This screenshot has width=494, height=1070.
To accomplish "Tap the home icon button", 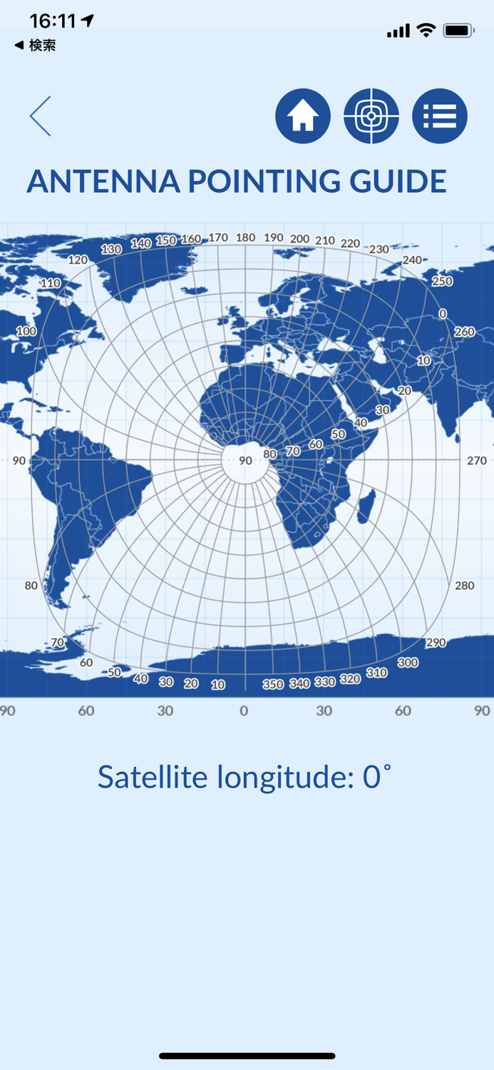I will pos(303,116).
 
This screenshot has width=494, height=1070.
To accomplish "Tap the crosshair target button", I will pos(371,116).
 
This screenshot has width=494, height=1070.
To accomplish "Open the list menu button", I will pos(440,116).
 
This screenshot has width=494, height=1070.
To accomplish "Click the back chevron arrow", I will pos(41,116).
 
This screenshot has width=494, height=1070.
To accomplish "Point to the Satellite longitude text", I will pos(245,776).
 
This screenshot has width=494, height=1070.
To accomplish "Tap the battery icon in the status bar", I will pos(458,31).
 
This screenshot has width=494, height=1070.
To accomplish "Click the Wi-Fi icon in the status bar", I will pos(426,30).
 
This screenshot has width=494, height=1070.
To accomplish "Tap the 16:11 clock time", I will pos(53,21).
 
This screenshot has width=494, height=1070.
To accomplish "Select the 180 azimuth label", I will pos(245,238).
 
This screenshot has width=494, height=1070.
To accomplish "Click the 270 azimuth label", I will pos(477,461).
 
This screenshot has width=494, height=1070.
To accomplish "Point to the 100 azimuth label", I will pos(26,331).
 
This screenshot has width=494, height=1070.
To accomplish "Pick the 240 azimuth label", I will pos(412,260).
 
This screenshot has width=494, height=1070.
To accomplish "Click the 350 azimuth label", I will pos(273,684).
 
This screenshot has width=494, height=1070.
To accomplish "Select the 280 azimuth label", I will pos(464,586).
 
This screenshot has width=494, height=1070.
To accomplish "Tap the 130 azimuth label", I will pos(111,249).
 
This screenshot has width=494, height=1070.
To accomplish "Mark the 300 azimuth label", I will pos(408,663).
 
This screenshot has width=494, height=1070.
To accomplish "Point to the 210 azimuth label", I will pos(325,240).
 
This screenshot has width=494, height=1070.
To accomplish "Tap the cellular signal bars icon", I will pos(398,31).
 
